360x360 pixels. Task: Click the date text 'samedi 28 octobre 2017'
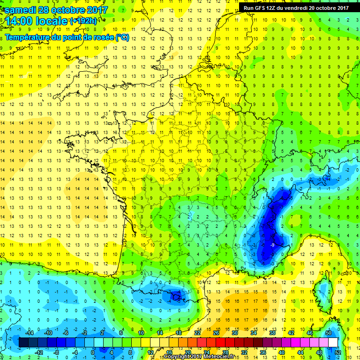56,9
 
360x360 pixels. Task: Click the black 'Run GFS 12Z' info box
295,7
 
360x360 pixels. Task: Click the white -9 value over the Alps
272,245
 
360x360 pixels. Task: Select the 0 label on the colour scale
93,352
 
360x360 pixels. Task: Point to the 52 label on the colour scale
338,352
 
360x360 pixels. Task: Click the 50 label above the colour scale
328,333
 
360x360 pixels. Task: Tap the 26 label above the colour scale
216,333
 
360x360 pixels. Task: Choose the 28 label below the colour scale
225,352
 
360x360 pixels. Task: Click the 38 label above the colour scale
272,333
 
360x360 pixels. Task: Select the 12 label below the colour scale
150,352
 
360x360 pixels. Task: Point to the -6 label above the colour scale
66,333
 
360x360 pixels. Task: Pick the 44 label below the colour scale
300,352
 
